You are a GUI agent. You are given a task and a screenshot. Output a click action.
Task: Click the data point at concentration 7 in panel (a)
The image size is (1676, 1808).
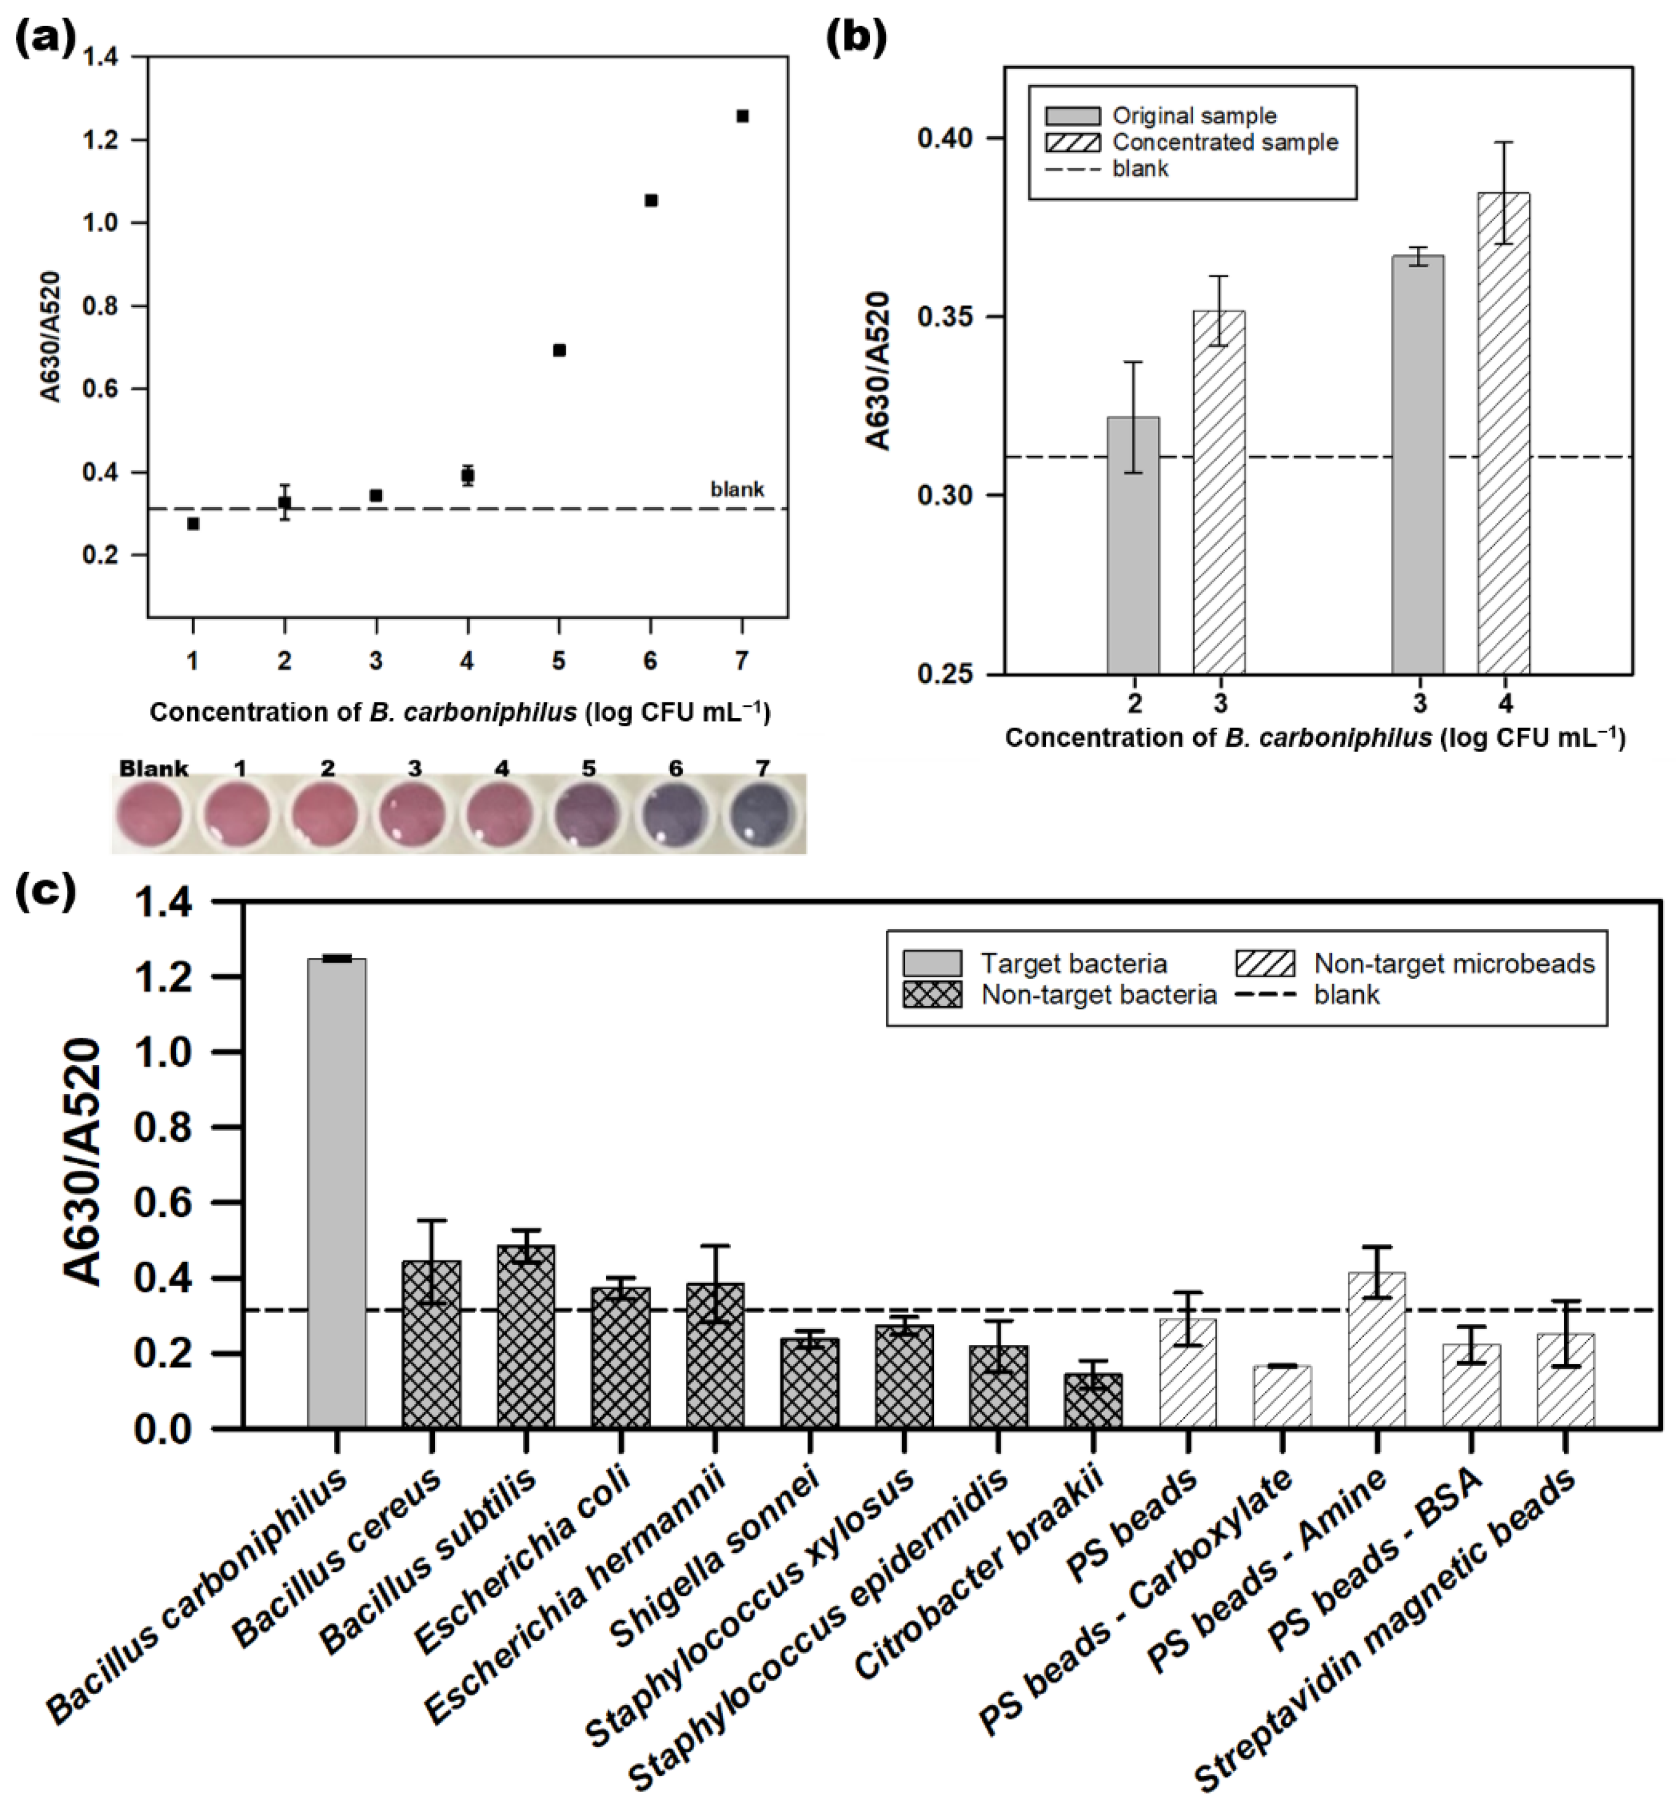pos(742,116)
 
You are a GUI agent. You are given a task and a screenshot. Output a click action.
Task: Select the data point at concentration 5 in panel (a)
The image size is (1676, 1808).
pos(559,350)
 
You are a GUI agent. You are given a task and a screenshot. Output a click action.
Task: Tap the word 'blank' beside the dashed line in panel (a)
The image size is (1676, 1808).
pos(736,490)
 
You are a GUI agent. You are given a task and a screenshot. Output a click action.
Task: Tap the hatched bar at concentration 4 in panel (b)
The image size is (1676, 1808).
pos(1503,436)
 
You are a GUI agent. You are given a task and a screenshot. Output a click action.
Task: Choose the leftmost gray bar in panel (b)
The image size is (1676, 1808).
pos(1133,544)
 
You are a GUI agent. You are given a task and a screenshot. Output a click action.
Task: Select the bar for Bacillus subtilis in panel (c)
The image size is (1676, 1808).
pos(526,1338)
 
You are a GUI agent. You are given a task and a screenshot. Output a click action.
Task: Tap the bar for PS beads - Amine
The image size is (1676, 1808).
pos(1376,1352)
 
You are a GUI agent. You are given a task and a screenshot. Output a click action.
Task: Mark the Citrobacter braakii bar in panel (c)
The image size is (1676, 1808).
pos(1093,1402)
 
